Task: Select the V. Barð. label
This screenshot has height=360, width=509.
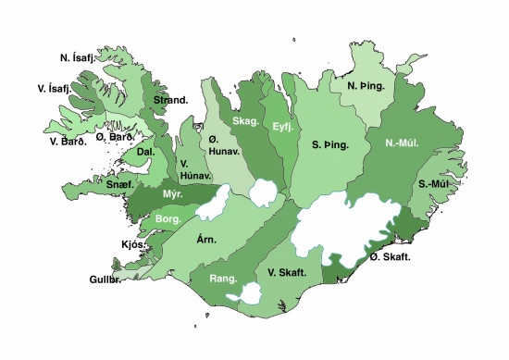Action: (x=67, y=142)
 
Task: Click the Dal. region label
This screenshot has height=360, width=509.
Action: (x=145, y=151)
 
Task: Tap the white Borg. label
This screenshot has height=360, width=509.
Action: (x=168, y=219)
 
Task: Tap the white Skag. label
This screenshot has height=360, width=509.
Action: (x=245, y=121)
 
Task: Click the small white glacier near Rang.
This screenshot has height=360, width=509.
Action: (x=248, y=294)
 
